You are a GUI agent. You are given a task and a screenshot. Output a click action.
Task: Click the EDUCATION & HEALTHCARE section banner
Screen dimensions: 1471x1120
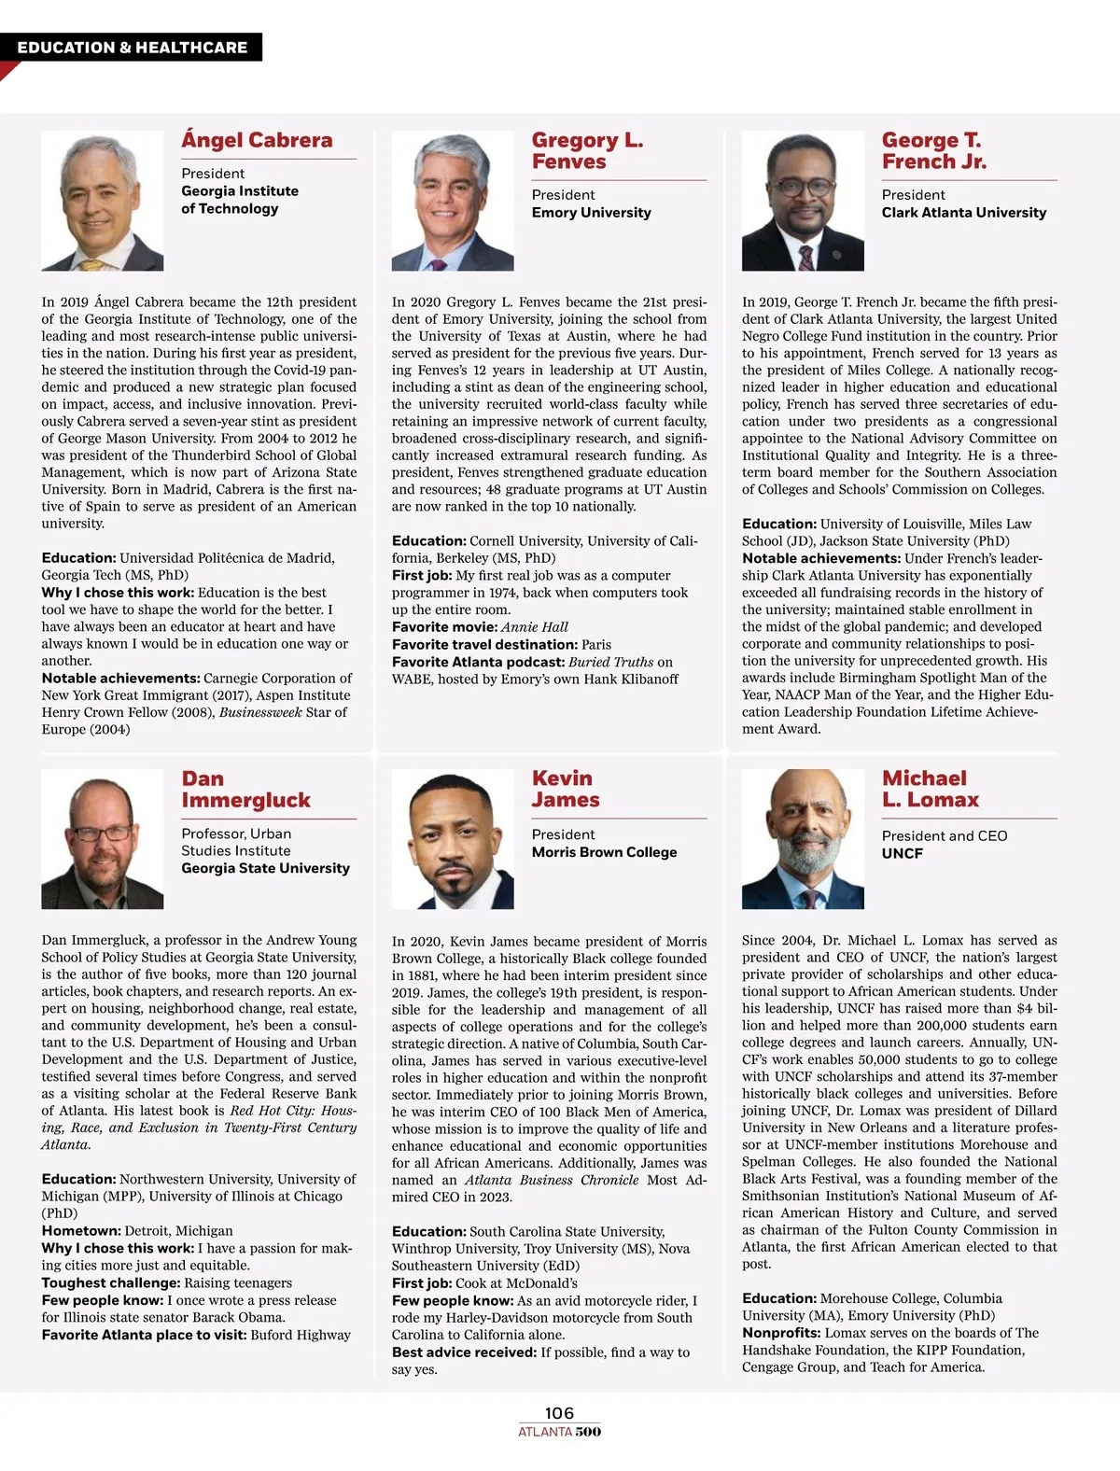tap(132, 48)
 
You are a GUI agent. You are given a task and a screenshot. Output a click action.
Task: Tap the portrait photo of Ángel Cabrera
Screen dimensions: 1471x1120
tap(102, 200)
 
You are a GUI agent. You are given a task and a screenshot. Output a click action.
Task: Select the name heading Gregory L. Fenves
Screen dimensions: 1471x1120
tap(587, 151)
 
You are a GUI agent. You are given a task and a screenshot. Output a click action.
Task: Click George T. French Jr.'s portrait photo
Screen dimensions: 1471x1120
tap(802, 200)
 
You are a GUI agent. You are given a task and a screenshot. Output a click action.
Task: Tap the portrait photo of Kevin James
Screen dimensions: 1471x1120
tap(452, 838)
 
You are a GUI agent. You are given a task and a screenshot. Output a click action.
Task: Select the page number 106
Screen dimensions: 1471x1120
tap(559, 1413)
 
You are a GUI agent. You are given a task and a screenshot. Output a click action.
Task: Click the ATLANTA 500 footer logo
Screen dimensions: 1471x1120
tap(559, 1432)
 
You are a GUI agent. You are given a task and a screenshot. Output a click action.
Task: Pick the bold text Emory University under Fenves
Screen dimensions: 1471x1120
tap(591, 213)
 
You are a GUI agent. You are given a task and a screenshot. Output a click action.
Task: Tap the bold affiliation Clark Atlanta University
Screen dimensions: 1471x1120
tap(963, 213)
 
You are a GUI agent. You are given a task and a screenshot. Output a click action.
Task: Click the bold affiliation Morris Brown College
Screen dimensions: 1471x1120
tap(604, 852)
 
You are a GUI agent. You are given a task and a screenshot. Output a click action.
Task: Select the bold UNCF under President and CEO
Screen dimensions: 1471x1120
tap(902, 853)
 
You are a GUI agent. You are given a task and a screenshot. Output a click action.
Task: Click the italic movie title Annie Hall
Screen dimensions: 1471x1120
tap(534, 627)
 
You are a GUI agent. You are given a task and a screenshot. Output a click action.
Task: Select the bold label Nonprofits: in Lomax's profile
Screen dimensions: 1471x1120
tap(781, 1333)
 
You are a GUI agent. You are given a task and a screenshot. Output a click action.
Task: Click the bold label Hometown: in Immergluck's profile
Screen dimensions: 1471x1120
tap(81, 1231)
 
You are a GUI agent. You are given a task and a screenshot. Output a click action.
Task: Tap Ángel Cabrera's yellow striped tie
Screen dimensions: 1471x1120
tap(91, 264)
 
